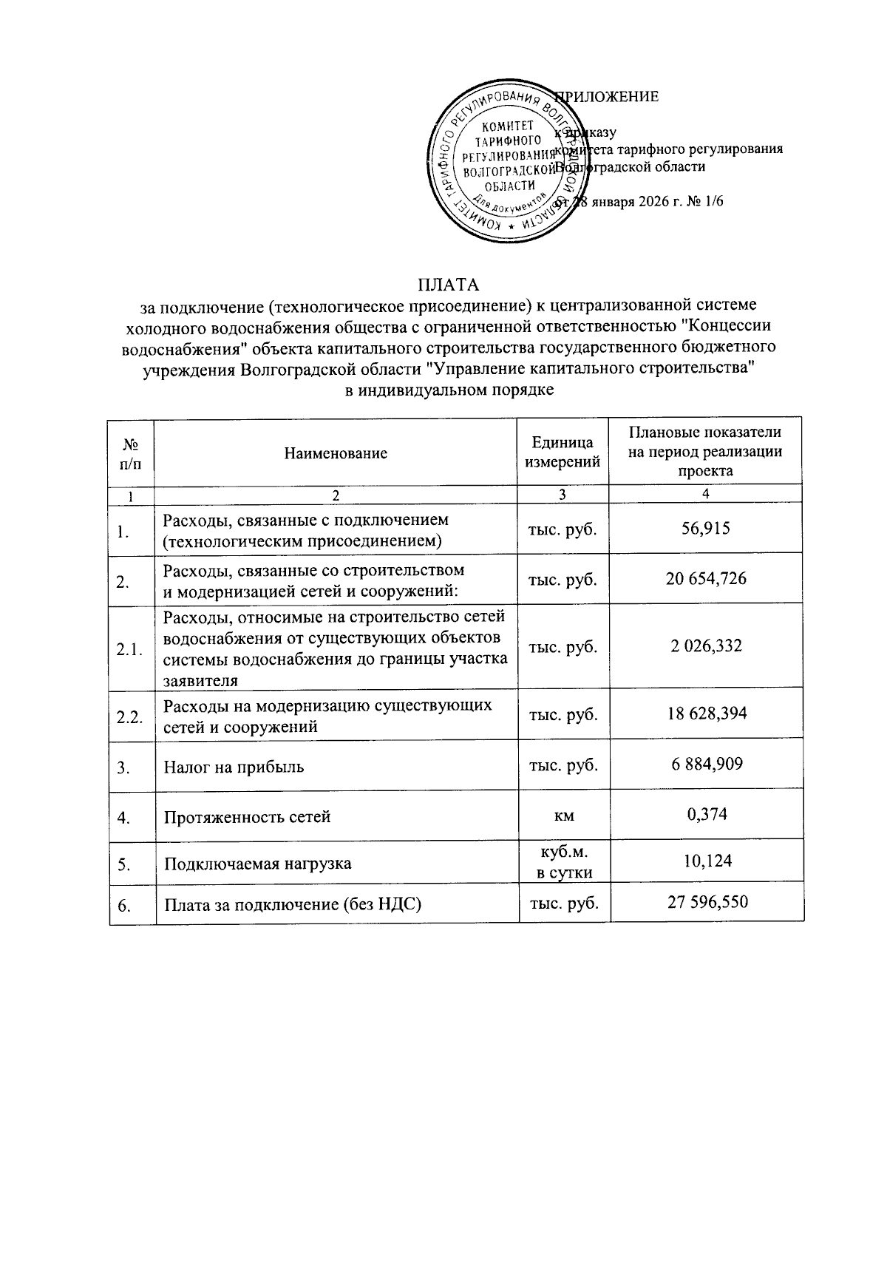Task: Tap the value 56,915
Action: tap(707, 528)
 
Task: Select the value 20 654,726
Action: tap(707, 578)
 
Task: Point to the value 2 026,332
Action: tap(707, 646)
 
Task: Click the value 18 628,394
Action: tap(707, 713)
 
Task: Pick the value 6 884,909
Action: tap(707, 763)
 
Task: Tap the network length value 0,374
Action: tap(707, 814)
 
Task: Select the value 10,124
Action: tap(707, 861)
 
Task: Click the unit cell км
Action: tap(564, 816)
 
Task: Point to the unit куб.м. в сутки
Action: tap(564, 862)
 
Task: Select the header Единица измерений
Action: tap(563, 453)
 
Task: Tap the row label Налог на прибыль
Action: tap(234, 767)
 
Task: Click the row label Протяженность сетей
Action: tap(247, 817)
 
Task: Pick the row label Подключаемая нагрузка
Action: tap(257, 864)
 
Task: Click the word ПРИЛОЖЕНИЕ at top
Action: tap(611, 97)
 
